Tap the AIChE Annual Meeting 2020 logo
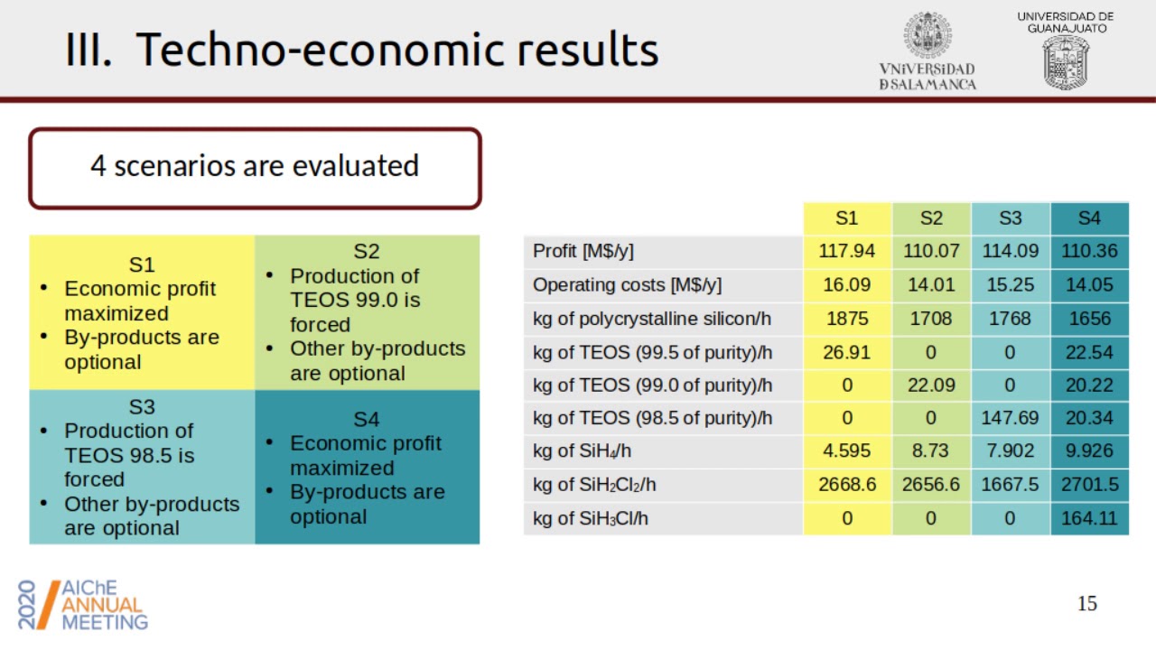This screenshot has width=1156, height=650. click(83, 604)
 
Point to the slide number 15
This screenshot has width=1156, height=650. click(1087, 604)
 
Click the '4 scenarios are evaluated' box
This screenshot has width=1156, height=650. click(255, 167)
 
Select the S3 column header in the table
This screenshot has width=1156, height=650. click(1011, 218)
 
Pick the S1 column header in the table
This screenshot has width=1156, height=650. click(846, 218)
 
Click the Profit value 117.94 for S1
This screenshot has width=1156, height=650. click(846, 251)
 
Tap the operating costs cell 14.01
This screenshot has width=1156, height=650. click(930, 284)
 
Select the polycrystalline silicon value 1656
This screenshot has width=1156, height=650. click(1089, 318)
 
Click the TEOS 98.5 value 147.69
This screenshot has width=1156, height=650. click(1011, 418)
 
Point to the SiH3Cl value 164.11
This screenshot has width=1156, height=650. click(1089, 518)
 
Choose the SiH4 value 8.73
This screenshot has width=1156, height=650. click(930, 451)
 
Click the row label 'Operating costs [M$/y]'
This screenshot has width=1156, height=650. click(627, 284)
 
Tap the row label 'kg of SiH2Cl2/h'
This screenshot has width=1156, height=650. click(594, 485)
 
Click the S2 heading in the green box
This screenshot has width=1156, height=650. click(366, 251)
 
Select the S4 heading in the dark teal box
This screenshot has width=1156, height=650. click(366, 419)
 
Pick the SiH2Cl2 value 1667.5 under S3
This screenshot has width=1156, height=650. click(1011, 485)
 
